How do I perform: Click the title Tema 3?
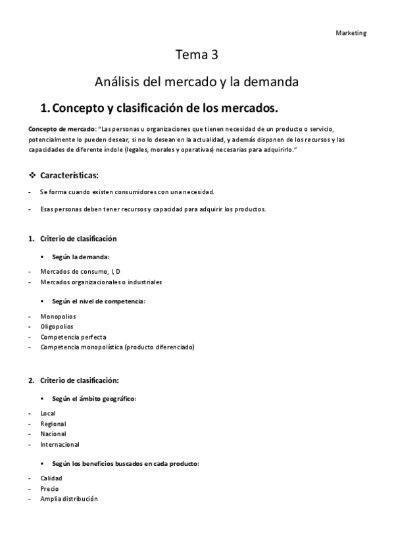coord(197,56)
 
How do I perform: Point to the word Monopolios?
coord(59,317)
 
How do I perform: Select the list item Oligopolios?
coord(57,326)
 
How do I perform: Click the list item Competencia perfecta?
coord(73,336)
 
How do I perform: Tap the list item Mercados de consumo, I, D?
coord(80,272)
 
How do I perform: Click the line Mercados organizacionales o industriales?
coord(101,282)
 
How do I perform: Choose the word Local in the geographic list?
coord(48,413)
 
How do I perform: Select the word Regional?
coord(53,424)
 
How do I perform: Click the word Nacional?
coord(53,434)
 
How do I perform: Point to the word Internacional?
coord(60,444)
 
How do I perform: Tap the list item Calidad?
coord(51,478)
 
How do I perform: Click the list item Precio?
coord(49,489)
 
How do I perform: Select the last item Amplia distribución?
coord(69,499)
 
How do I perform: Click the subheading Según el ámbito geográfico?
coord(94,399)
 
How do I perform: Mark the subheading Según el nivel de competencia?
coord(99,301)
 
